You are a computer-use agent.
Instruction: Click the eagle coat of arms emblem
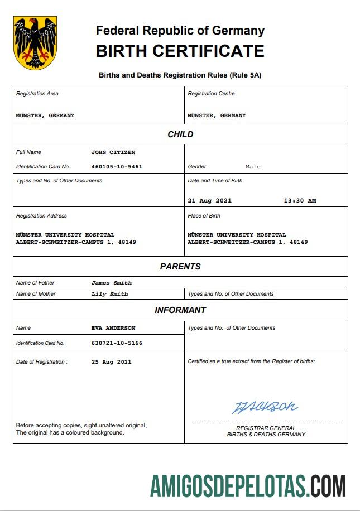[35, 42]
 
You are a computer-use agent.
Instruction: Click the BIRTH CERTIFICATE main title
[180, 51]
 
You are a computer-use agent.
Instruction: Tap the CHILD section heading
[180, 134]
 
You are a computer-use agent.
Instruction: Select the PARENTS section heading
[180, 267]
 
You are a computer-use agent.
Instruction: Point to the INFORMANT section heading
[180, 310]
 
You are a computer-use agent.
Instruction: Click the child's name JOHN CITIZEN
[113, 152]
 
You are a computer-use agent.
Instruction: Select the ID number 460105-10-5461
[117, 167]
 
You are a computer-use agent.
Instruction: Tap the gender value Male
[253, 167]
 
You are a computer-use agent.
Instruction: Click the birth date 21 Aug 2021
[210, 201]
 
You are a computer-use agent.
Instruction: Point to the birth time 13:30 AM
[300, 201]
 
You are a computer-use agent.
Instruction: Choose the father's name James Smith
[112, 283]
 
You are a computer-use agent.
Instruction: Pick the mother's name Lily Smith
[110, 294]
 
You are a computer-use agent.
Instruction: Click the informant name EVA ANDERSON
[113, 328]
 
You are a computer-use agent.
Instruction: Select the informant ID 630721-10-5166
[117, 343]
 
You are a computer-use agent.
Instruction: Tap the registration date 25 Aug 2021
[112, 362]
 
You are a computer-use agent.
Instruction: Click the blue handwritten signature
[265, 407]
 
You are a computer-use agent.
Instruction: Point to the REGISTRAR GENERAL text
[266, 428]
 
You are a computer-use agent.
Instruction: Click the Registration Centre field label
[211, 94]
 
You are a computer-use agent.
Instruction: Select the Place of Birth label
[204, 216]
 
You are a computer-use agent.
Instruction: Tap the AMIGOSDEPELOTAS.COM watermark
[248, 486]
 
